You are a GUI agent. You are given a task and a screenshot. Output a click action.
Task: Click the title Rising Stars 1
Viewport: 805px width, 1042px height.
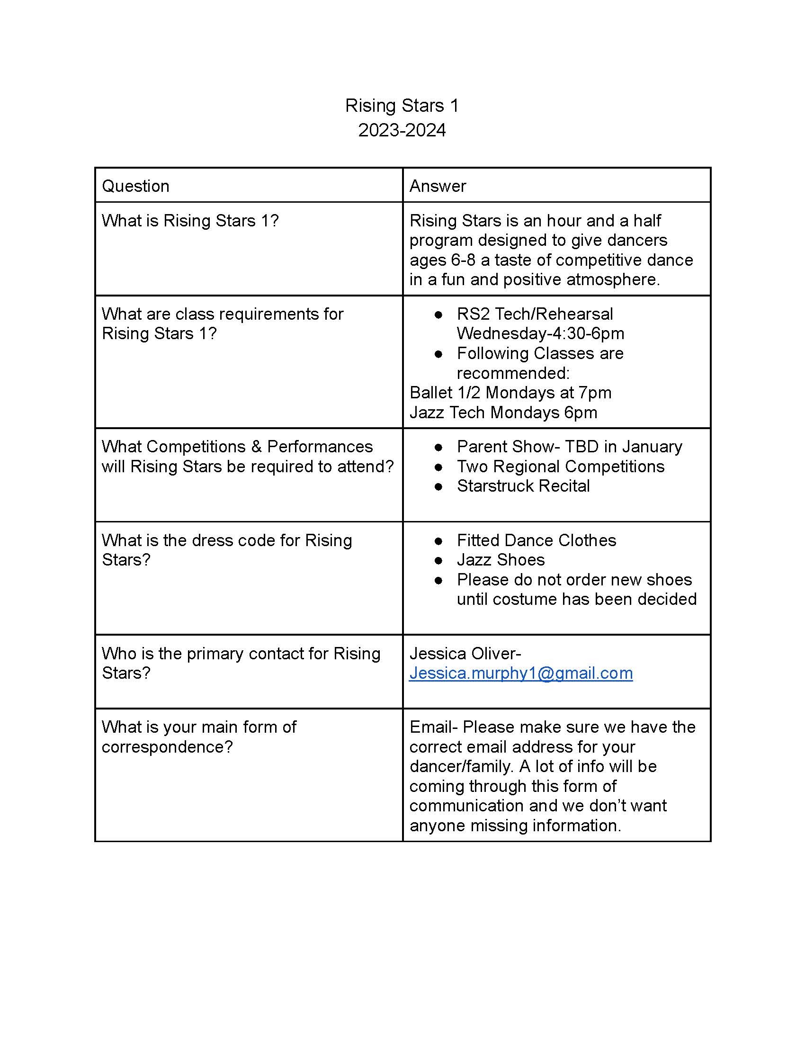coord(402,106)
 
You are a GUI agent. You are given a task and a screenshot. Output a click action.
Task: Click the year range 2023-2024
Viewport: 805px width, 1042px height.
coord(402,130)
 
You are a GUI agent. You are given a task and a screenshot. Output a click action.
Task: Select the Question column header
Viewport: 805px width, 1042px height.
coord(135,186)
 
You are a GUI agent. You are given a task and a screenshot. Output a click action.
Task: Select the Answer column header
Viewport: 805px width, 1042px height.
coord(438,186)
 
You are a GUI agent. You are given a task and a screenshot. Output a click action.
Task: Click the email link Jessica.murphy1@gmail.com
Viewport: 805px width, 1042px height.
coord(521,673)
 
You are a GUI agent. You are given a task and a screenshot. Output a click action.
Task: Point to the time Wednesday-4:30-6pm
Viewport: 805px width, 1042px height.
coord(540,333)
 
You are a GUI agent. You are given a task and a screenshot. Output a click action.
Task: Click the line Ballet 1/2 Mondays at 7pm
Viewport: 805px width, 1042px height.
coord(510,393)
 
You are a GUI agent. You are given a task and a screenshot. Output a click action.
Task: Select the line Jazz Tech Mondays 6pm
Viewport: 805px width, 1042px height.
coord(503,412)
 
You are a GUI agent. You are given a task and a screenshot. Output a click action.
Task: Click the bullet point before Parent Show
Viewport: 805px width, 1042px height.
coord(438,447)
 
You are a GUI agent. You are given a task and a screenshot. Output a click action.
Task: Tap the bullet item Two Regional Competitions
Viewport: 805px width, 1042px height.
coord(560,466)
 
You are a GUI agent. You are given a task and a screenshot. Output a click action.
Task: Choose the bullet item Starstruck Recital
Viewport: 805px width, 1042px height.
coord(523,485)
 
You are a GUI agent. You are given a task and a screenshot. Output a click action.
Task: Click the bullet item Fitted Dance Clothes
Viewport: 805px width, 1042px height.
coord(536,540)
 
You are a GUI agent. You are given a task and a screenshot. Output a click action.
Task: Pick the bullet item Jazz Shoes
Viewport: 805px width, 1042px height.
coord(501,560)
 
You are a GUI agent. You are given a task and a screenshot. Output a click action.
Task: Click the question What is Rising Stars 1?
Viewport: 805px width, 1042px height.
coord(190,220)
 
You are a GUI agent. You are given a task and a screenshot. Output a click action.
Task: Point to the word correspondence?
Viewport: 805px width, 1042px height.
coord(167,746)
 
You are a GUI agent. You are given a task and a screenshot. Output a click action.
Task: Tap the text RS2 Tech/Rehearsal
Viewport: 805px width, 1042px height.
coord(535,314)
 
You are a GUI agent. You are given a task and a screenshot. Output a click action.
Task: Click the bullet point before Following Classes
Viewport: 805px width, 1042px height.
coord(438,353)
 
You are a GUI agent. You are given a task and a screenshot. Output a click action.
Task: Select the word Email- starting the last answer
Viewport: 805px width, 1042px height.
coord(433,727)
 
